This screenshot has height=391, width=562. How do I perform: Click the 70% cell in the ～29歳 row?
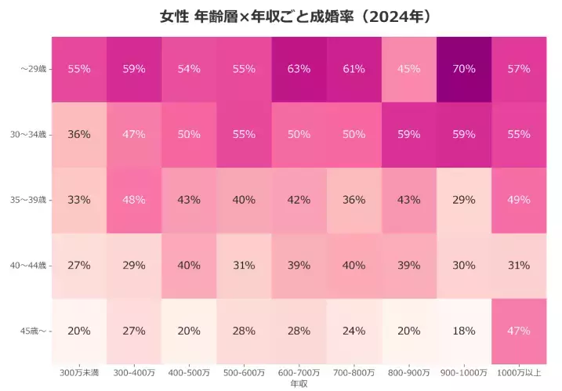(x=463, y=69)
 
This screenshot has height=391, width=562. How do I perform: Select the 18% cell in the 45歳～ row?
(x=463, y=331)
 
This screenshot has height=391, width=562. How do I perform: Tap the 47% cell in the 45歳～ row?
(x=518, y=331)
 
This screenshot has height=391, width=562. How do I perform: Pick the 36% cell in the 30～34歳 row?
(x=79, y=134)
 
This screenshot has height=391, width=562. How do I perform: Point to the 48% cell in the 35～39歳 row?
(x=134, y=200)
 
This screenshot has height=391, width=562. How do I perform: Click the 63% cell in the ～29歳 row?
(x=299, y=69)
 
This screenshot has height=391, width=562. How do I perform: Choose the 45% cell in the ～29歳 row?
(x=408, y=69)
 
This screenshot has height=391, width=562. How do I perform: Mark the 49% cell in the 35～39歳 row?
(x=518, y=200)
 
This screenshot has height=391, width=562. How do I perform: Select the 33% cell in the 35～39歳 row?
(x=79, y=200)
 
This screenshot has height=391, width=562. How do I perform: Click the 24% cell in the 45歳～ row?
(x=354, y=331)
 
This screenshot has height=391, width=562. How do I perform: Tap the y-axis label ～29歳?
(x=34, y=69)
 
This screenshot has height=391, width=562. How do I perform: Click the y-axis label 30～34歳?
(x=29, y=135)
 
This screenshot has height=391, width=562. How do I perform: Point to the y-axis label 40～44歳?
(x=29, y=266)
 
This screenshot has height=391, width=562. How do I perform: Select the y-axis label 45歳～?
(x=34, y=331)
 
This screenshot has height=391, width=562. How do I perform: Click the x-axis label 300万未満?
(x=79, y=371)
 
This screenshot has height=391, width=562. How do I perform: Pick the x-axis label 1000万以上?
(x=518, y=371)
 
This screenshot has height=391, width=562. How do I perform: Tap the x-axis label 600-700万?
(x=299, y=371)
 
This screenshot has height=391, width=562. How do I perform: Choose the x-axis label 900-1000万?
(x=463, y=371)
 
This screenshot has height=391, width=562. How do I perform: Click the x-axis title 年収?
(x=299, y=383)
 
